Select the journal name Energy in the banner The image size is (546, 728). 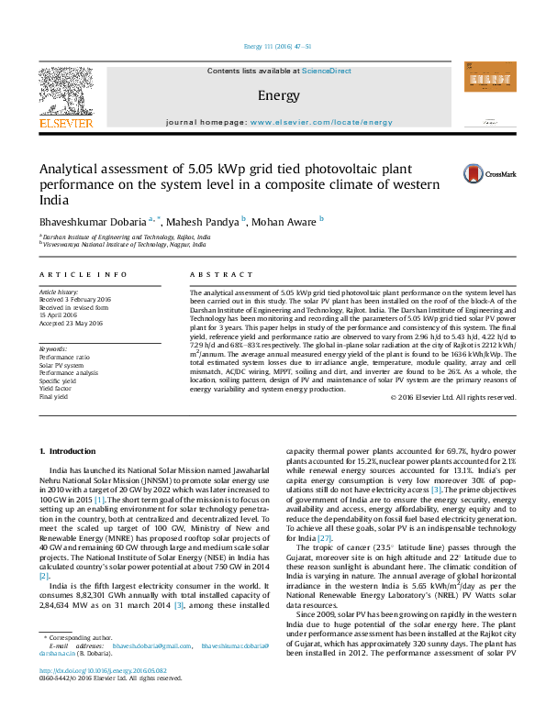(x=273, y=95)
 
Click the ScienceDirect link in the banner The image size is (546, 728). (x=328, y=71)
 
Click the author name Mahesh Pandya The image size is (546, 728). (x=204, y=221)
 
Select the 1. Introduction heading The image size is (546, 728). (x=71, y=452)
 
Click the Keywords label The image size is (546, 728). (x=53, y=349)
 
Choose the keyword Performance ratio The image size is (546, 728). (x=64, y=357)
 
